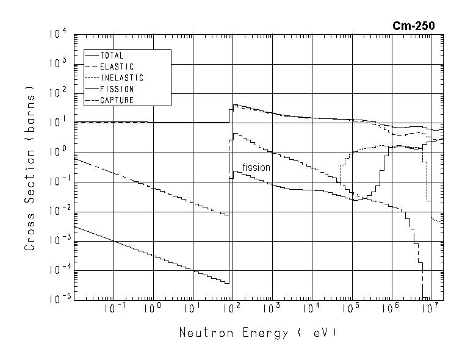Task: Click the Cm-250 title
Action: tap(414, 26)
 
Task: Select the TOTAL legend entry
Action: tap(112, 56)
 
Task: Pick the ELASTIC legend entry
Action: tap(117, 67)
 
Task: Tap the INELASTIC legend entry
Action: tap(121, 78)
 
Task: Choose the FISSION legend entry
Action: tap(117, 89)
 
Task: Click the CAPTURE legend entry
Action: tap(117, 100)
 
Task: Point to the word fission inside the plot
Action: tap(256, 167)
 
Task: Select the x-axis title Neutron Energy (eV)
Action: tap(258, 333)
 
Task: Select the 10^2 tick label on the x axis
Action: tap(231, 309)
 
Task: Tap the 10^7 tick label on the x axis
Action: tap(430, 309)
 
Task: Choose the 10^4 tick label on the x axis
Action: tap(311, 309)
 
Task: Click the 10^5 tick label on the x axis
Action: tap(351, 309)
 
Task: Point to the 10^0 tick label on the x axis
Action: tap(152, 309)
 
